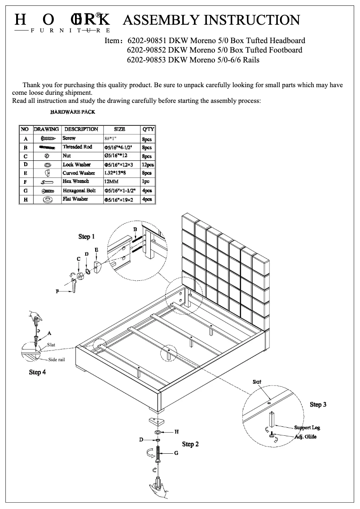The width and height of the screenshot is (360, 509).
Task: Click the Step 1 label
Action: pos(87,236)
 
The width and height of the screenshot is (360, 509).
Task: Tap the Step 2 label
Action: pos(190,444)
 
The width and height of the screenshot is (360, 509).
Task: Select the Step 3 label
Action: pos(318,404)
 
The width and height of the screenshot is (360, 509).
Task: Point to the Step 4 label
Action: pos(37,372)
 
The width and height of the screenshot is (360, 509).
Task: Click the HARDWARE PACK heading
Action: pos(72,112)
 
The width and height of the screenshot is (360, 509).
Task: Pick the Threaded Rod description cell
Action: pos(77,147)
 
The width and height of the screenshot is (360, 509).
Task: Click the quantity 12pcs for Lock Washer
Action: pos(147,165)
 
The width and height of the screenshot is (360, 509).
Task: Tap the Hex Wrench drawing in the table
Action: pos(47,182)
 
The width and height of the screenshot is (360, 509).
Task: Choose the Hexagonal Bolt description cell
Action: pos(79,190)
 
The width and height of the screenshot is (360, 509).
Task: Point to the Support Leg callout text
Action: pos(307,427)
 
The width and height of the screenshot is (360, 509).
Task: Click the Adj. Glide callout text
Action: pos(305,437)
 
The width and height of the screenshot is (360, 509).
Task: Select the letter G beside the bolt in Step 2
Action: pos(176,453)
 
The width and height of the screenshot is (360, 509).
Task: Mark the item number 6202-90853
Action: pos(148,60)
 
